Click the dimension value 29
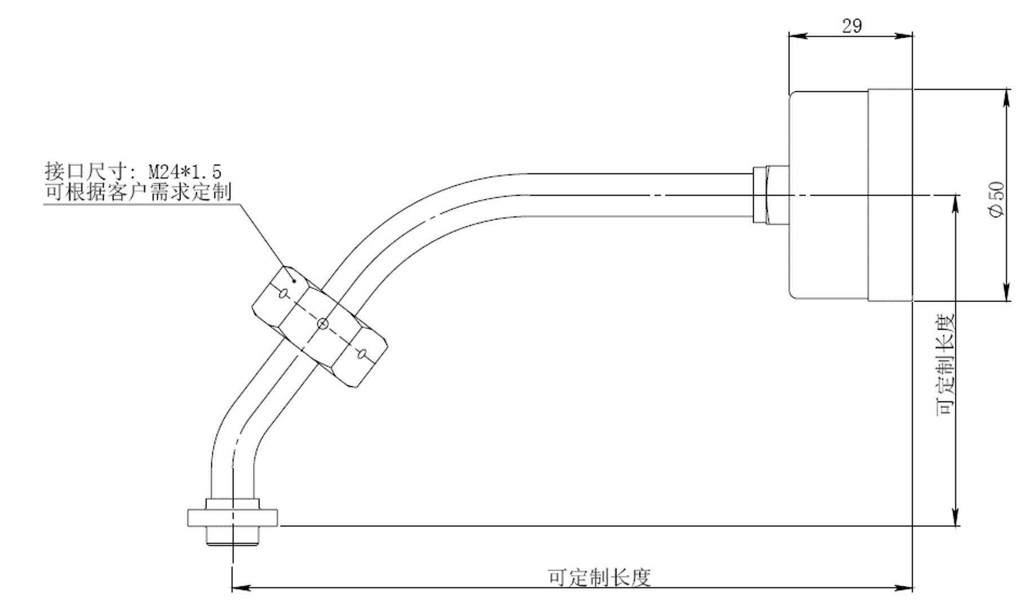(x=851, y=26)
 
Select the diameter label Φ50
(x=997, y=199)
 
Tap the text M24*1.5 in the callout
(x=185, y=171)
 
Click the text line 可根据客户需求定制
(x=138, y=192)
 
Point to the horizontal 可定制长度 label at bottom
(x=599, y=577)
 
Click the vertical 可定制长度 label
(x=946, y=364)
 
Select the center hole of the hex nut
(x=322, y=323)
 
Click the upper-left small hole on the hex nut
(x=284, y=292)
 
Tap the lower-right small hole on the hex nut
(x=362, y=354)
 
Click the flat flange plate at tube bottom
(x=232, y=518)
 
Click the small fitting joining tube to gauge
(x=770, y=195)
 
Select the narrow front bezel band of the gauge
(x=890, y=195)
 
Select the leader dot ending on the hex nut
(x=294, y=280)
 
